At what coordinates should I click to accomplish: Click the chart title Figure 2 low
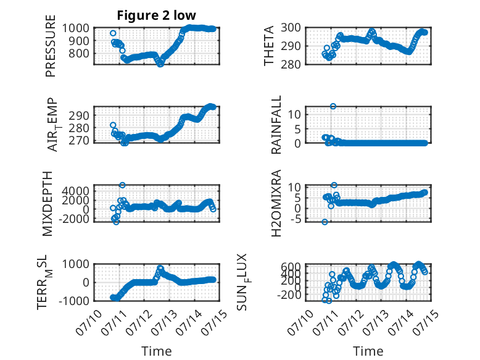point(156,15)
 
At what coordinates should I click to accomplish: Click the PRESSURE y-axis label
point(51,46)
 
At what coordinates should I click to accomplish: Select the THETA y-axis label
point(268,46)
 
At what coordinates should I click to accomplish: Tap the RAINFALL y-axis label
point(276,125)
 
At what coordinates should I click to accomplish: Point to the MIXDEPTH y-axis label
point(48,204)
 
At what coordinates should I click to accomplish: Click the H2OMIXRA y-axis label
point(276,203)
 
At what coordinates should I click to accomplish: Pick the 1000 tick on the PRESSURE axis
point(76,28)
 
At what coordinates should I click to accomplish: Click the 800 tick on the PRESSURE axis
point(79,54)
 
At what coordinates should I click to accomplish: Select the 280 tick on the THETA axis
point(291,64)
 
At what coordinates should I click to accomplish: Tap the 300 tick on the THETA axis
point(291,28)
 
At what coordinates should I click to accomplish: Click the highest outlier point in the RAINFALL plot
point(333,106)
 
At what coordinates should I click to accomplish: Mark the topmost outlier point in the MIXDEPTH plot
point(122,185)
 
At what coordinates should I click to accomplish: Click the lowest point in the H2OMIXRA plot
point(325,222)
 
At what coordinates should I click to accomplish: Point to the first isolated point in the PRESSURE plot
point(113,33)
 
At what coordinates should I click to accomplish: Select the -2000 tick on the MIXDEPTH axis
point(76,219)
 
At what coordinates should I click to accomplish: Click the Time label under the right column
point(368,351)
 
